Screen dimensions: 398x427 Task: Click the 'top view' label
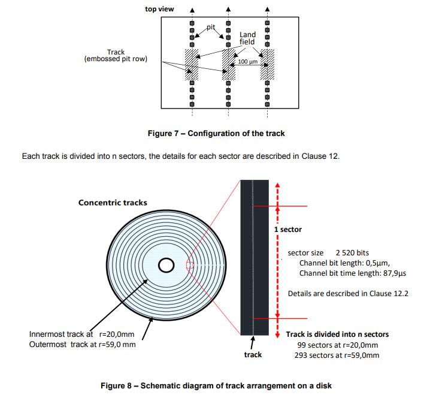tap(159, 9)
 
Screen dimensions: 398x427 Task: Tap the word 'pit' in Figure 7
tap(210, 27)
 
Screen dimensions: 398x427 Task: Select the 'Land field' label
tap(247, 38)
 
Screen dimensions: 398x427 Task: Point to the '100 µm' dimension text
tap(247, 62)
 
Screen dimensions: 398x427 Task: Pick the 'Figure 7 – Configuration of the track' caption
tap(216, 133)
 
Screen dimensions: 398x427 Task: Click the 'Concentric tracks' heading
tap(113, 203)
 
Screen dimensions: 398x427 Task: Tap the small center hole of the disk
tap(166, 264)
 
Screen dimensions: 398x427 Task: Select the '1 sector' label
tap(288, 230)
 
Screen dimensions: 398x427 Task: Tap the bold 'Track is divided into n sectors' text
tap(337, 334)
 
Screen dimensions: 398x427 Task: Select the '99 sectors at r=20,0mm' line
tap(337, 345)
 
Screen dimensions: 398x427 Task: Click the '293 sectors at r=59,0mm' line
tap(337, 355)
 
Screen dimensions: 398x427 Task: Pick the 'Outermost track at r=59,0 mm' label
tap(83, 345)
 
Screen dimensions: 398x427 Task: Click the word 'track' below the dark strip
tap(253, 355)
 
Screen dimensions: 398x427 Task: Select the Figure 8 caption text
tap(216, 385)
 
